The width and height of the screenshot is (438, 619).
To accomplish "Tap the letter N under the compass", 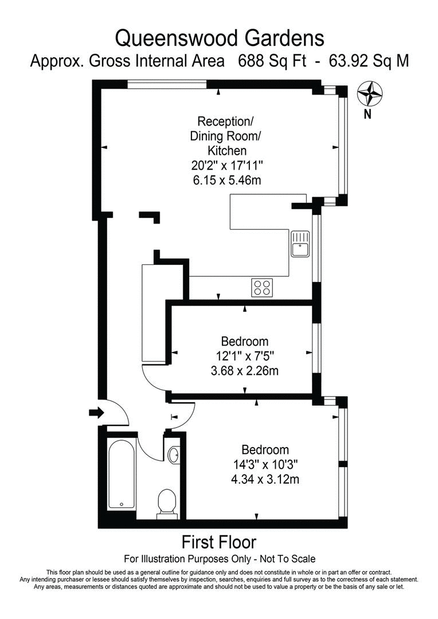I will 368,113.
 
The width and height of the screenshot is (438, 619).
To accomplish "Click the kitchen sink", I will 300,244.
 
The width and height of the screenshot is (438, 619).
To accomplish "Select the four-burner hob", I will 262,287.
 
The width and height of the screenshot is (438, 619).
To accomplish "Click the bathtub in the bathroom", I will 122,475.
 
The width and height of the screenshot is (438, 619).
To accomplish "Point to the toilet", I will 167,503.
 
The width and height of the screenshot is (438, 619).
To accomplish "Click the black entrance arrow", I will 95,412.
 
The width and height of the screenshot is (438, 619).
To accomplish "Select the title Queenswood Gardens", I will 219,38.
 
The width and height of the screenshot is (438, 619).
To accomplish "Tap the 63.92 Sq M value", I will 369,61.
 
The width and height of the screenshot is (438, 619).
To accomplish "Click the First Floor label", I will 219,542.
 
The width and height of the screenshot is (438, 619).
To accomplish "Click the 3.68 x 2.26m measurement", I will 245,371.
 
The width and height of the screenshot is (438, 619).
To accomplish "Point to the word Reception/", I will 225,122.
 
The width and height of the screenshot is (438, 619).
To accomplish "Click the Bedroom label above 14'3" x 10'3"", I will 265,449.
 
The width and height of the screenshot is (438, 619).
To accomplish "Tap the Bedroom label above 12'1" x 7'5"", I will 245,342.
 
